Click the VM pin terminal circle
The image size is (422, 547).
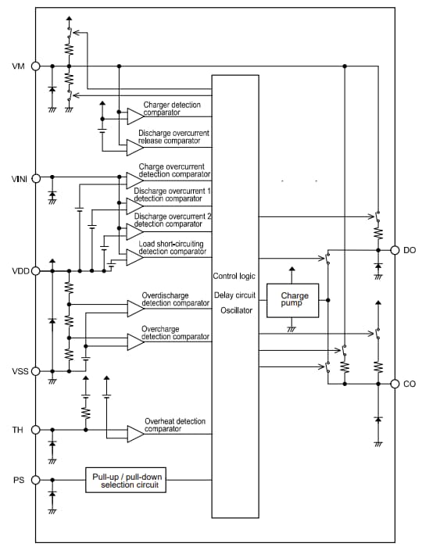(35, 66)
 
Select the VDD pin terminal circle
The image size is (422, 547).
(35, 271)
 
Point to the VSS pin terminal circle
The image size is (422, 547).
(35, 370)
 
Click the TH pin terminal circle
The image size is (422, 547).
(35, 430)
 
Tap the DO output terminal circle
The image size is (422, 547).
(395, 250)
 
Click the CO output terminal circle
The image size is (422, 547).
(395, 384)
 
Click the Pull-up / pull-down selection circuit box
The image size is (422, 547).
(127, 481)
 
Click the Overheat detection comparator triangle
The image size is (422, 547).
(135, 433)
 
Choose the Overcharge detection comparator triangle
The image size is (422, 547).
(135, 341)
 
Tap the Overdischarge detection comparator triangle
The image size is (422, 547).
(135, 308)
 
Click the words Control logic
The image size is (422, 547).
(234, 277)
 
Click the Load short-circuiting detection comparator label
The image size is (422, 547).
(173, 248)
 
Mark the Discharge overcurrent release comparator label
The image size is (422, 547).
(173, 138)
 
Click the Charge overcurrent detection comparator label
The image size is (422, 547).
(173, 170)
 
